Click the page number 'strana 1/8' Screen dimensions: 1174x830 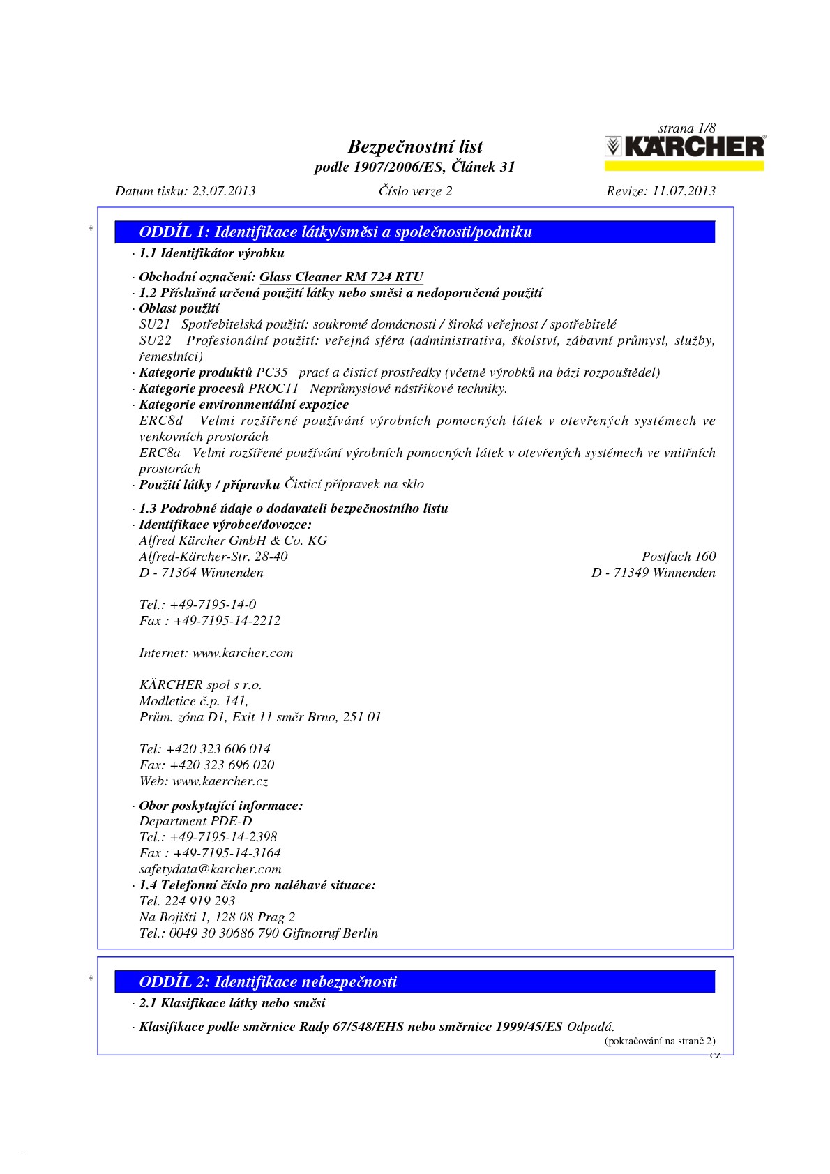click(687, 128)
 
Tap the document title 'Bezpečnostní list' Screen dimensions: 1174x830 click(415, 146)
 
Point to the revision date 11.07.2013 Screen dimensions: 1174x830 click(684, 191)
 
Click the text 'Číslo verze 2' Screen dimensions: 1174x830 click(415, 191)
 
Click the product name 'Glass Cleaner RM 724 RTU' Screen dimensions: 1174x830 click(341, 277)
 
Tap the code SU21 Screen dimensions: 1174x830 click(155, 324)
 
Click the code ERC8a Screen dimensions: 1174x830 click(160, 453)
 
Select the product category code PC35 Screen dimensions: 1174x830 click(272, 372)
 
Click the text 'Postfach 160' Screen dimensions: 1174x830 click(679, 557)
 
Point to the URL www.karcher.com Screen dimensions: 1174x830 click(243, 653)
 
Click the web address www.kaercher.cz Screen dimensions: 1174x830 click(220, 781)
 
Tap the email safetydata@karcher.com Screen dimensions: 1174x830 click(210, 869)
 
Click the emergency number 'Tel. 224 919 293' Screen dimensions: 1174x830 click(187, 901)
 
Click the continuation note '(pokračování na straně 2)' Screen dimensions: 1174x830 click(659, 1041)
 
